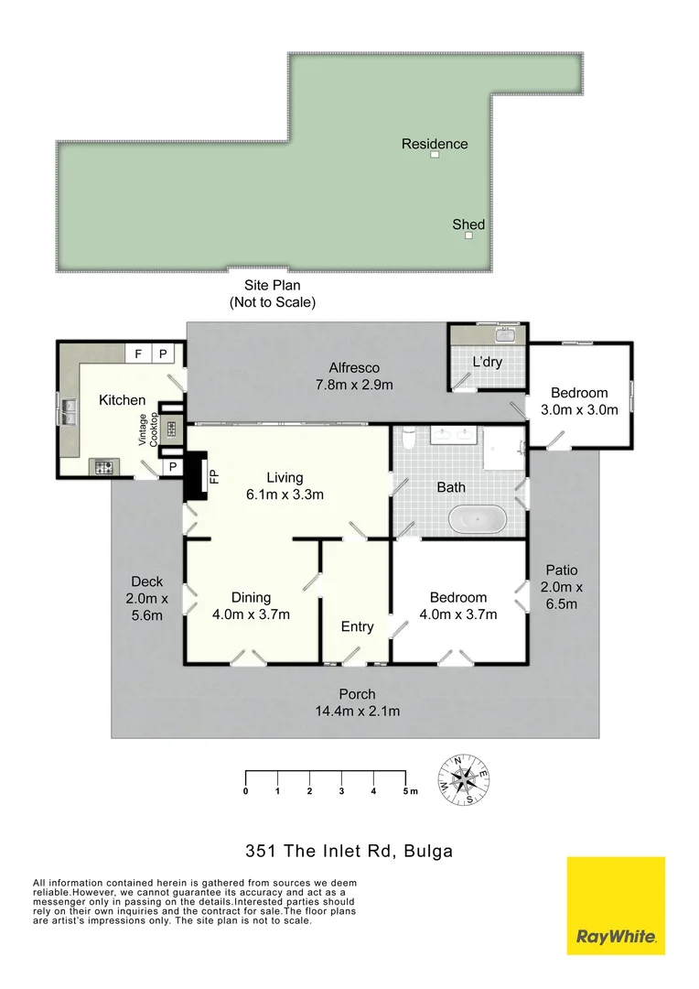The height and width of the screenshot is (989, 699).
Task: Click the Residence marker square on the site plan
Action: tap(435, 155)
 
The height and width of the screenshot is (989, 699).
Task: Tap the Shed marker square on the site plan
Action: tap(468, 235)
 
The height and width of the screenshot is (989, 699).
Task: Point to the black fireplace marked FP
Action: tap(195, 476)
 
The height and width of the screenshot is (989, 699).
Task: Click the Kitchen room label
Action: tap(122, 400)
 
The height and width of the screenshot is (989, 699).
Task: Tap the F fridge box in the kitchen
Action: tap(138, 353)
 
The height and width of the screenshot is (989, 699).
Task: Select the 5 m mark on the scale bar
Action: tap(407, 790)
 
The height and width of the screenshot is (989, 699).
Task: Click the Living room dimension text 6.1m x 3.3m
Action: tap(285, 494)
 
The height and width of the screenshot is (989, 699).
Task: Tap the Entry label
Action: tap(357, 626)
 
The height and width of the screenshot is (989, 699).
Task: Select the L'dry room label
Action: tap(487, 363)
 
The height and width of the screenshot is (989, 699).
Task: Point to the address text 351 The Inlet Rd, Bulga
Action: tap(349, 851)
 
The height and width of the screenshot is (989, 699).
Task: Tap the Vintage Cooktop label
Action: tap(148, 429)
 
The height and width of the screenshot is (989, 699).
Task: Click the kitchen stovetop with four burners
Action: tap(103, 467)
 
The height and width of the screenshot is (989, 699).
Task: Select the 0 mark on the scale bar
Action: tap(246, 790)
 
